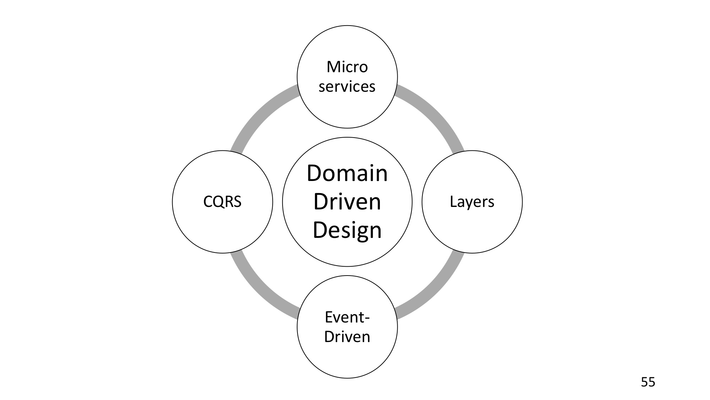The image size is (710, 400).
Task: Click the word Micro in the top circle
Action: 347,67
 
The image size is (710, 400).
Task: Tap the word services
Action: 347,86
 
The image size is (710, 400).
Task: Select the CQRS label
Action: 222,202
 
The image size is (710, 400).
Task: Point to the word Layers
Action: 472,202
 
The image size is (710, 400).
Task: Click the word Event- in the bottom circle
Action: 347,317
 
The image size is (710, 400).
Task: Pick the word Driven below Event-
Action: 347,336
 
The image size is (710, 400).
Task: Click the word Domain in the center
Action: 347,173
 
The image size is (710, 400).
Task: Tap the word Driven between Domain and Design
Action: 347,202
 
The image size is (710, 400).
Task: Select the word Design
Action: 347,230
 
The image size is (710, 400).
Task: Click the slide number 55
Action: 648,382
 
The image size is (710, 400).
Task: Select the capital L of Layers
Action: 453,202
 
